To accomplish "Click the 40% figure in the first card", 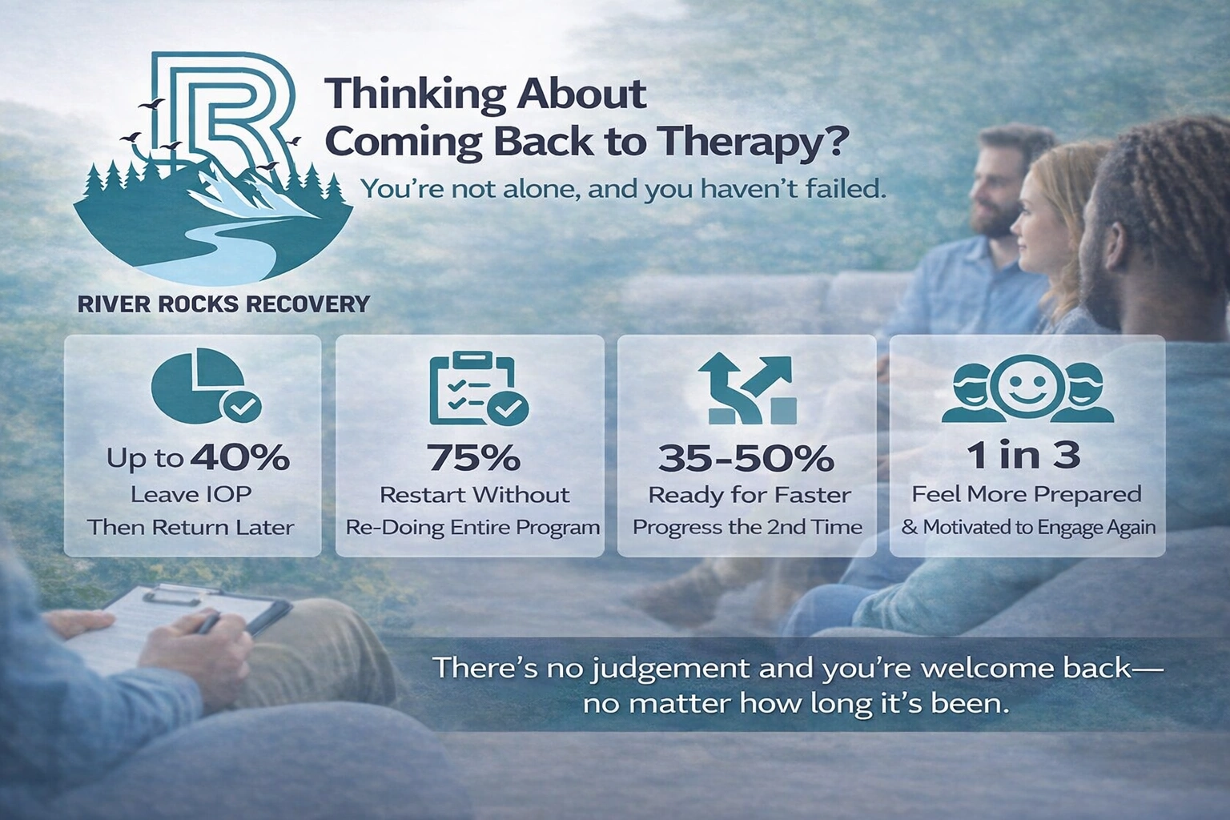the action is pyautogui.click(x=239, y=457).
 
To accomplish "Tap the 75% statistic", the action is pyautogui.click(x=474, y=457).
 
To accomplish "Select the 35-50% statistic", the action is pyautogui.click(x=746, y=458).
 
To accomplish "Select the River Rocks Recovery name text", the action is pyautogui.click(x=223, y=303).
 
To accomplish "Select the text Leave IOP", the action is pyautogui.click(x=191, y=494).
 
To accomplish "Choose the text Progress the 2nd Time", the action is pyautogui.click(x=747, y=527).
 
